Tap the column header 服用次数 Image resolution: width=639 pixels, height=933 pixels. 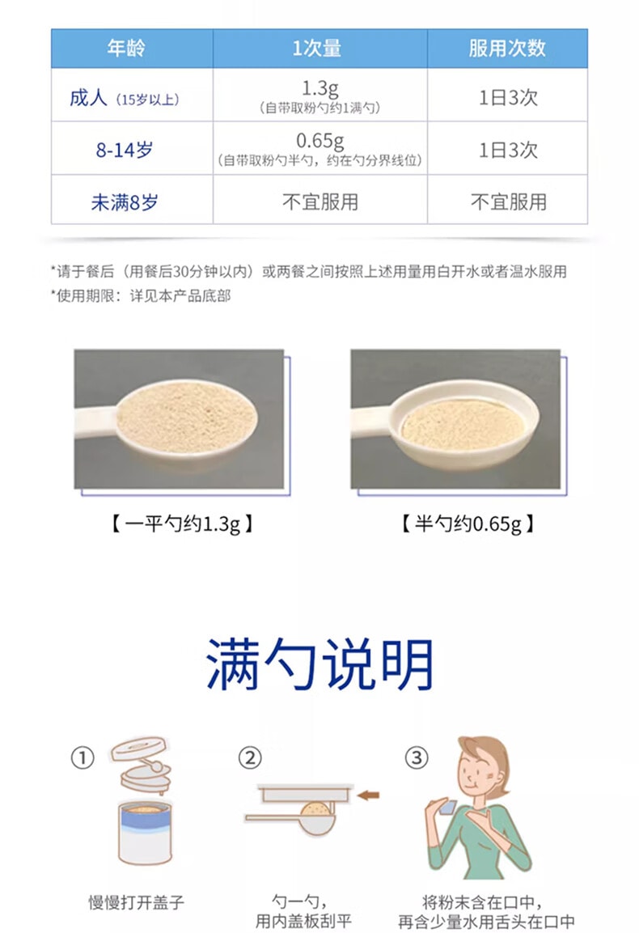507,49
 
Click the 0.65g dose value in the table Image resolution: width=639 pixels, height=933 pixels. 319,141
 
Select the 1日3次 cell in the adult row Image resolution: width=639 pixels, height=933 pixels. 508,98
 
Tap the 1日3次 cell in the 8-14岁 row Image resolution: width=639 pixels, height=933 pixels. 508,150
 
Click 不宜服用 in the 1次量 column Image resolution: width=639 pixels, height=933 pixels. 319,201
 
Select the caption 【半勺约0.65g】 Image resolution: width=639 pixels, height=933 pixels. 467,524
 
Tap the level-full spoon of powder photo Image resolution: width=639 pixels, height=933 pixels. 179,419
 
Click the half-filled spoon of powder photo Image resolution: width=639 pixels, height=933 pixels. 455,419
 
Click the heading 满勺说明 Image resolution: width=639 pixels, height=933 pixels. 319,664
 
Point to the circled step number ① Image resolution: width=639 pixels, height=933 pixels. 83,758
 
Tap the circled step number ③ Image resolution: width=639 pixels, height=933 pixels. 416,758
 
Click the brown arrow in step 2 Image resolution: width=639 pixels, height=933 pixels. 369,795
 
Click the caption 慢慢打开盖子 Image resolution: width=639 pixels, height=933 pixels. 136,901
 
